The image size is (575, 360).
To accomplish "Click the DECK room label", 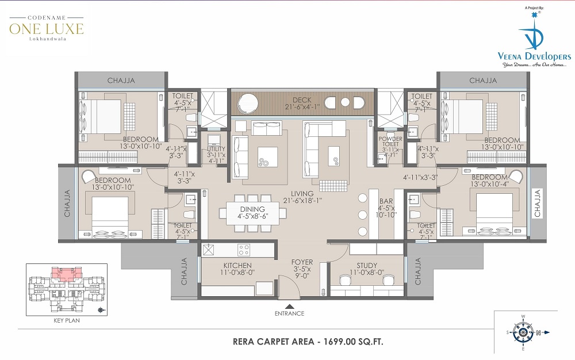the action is pyautogui.click(x=302, y=99).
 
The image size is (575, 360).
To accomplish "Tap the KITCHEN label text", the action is pyautogui.click(x=237, y=265).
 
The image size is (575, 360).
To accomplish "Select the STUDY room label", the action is pyautogui.click(x=367, y=265).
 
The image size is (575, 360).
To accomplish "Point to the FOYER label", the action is pyautogui.click(x=302, y=262).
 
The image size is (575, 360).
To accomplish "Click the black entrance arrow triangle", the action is pyautogui.click(x=290, y=307).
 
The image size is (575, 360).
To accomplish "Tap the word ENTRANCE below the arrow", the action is pyautogui.click(x=290, y=313).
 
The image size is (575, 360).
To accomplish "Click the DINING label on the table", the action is pyautogui.click(x=252, y=209).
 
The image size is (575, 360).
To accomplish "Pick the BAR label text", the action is pyautogui.click(x=386, y=201).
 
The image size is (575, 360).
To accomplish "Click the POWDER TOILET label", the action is pyautogui.click(x=390, y=141).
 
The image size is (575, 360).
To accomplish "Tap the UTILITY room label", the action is pyautogui.click(x=216, y=149).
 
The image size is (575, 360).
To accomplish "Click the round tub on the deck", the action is pyautogui.click(x=247, y=102).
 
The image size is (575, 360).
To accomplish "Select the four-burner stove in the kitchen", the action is pyautogui.click(x=244, y=250).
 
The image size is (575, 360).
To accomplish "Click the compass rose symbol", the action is pyautogui.click(x=523, y=332).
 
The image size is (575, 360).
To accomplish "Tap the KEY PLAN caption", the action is pyautogui.click(x=67, y=320).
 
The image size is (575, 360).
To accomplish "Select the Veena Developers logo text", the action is pyautogui.click(x=534, y=56).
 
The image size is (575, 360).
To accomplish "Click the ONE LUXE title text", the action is pyautogui.click(x=47, y=29).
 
